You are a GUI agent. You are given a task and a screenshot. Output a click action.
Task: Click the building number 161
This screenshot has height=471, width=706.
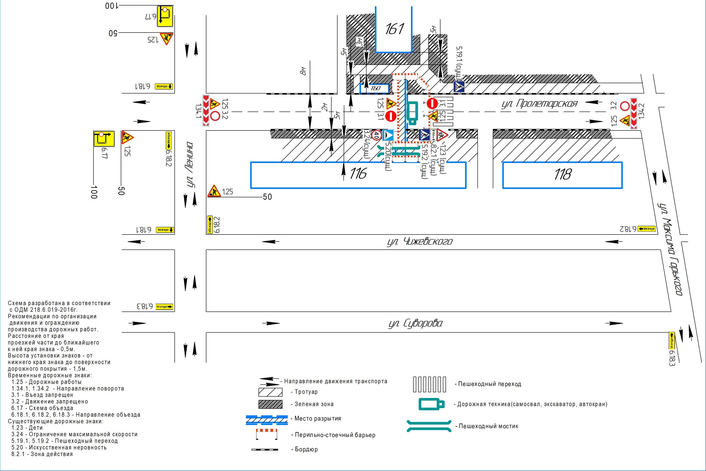click(x=394, y=29)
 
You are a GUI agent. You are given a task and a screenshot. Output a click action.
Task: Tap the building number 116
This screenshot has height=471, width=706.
click(x=358, y=173)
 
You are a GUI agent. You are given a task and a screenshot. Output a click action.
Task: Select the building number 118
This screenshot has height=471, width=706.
click(x=562, y=174)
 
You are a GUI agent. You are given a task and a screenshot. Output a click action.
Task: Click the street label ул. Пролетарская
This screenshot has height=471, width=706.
click(x=539, y=104)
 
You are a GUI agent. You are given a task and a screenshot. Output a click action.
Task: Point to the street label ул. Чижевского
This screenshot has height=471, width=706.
click(x=420, y=242)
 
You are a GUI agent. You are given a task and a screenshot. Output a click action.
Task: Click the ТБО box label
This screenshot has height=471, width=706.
click(x=375, y=88)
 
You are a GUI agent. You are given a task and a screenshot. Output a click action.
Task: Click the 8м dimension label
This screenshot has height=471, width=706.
click(x=303, y=71)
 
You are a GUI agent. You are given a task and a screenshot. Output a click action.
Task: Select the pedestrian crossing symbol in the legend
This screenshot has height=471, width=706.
click(x=429, y=384)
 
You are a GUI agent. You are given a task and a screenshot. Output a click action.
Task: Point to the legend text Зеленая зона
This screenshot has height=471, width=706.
click(x=314, y=404)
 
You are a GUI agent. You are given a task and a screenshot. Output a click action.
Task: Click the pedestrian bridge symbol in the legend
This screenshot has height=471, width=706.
click(x=429, y=426)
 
